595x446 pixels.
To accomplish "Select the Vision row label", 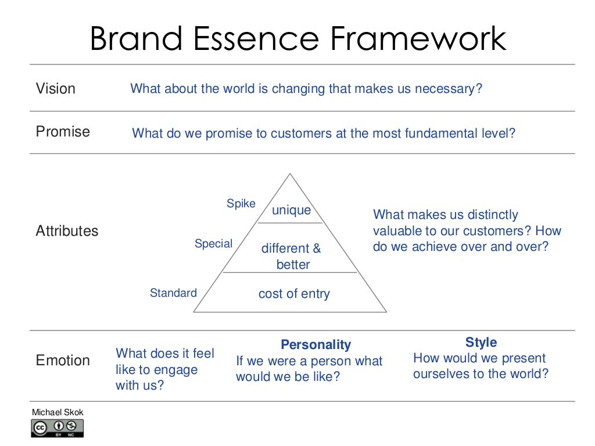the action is pyautogui.click(x=56, y=89).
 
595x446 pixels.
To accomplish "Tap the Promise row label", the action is pyautogui.click(x=63, y=131).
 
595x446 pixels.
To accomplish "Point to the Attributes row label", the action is pyautogui.click(x=67, y=231).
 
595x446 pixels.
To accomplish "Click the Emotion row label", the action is pyautogui.click(x=63, y=360).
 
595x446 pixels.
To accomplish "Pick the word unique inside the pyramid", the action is pyautogui.click(x=292, y=210).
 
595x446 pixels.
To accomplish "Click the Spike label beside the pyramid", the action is pyautogui.click(x=241, y=204).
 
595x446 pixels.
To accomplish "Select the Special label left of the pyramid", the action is pyautogui.click(x=213, y=244).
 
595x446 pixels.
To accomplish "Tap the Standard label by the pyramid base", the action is pyautogui.click(x=173, y=293).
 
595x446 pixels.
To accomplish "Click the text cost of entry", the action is pyautogui.click(x=294, y=294).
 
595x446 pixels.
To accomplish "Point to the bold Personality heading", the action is pyautogui.click(x=316, y=345).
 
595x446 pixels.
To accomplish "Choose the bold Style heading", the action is pyautogui.click(x=481, y=342).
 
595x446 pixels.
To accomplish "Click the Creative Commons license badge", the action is pyautogui.click(x=58, y=428).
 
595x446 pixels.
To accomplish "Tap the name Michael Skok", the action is pyautogui.click(x=58, y=412).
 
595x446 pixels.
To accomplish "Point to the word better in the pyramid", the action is pyautogui.click(x=293, y=265).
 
